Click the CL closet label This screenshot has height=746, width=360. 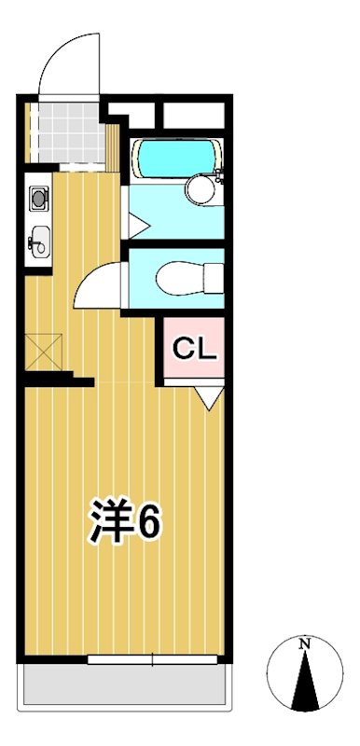point(195,350)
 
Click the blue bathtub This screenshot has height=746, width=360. point(173,158)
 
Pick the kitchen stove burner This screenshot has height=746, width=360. point(38,198)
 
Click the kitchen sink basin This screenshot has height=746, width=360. point(37,242)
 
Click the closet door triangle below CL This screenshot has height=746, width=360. point(210,398)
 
